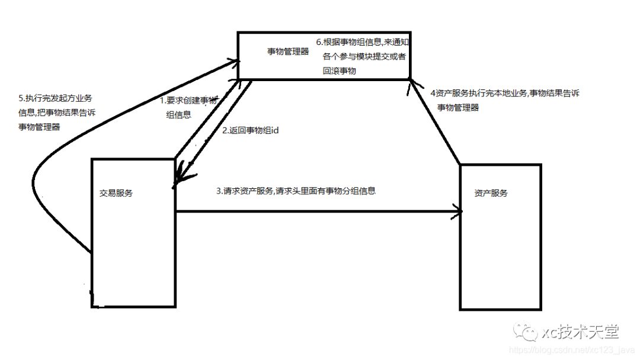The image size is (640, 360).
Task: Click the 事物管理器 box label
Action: (288, 52)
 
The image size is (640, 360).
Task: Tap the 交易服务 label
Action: (116, 193)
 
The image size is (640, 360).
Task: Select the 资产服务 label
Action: (491, 193)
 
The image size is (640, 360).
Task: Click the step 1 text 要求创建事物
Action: (188, 101)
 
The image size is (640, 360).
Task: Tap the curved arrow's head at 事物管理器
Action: (235, 60)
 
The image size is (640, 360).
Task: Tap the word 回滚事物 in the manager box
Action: (340, 70)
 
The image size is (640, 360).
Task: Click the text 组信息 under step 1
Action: (179, 115)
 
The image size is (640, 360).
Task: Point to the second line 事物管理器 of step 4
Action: (458, 108)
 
